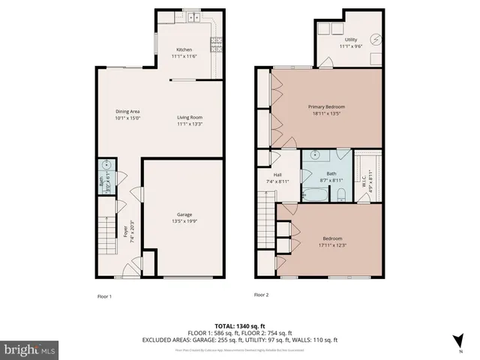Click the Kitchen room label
click(184, 49)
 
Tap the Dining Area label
click(127, 112)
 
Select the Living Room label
click(190, 117)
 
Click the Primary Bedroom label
click(326, 106)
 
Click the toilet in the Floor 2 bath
click(341, 196)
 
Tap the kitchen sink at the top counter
click(194, 16)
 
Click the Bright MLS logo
click(30, 349)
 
